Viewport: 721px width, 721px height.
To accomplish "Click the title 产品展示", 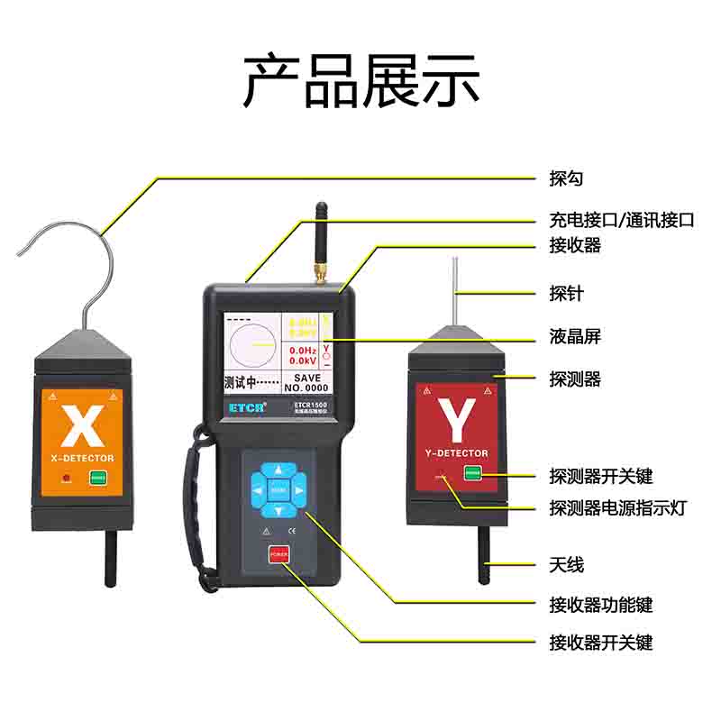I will pos(360,81).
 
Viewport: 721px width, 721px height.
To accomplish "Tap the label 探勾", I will pos(566,178).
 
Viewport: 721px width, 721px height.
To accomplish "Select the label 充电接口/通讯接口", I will pos(622,219).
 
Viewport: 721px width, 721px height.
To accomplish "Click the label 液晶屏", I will pos(574,336).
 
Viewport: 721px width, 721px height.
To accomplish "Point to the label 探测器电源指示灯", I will pos(617,507).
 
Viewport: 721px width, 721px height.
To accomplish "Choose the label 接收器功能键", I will pos(600,604).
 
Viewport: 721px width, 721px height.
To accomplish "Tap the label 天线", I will pos(566,564).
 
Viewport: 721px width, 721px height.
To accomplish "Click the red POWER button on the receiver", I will pos(278,555).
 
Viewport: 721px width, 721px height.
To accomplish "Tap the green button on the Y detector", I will pos(472,472).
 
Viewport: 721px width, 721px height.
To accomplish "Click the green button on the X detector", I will pos(97,478).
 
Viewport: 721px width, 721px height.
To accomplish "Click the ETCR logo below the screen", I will pos(245,406).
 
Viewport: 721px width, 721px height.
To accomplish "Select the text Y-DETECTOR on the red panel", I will pos(455,453).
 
